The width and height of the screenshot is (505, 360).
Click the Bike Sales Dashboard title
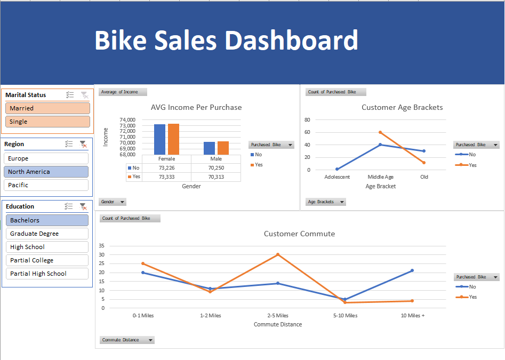tap(226, 41)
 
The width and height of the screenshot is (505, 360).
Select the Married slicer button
tap(47, 108)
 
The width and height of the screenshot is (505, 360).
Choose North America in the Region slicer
tap(46, 172)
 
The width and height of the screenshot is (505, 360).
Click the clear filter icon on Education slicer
tap(83, 206)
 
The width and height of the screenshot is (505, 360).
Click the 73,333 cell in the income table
tap(166, 177)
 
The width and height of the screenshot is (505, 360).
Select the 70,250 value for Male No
tap(215, 167)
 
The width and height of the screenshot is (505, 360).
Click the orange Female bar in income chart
tap(173, 139)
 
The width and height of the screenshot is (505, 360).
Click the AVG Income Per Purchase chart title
tap(196, 107)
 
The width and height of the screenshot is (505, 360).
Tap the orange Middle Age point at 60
tap(380, 132)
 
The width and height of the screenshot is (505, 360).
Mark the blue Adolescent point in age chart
tap(337, 169)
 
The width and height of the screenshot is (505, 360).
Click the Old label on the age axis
tap(424, 177)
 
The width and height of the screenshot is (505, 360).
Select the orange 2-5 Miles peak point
tap(278, 254)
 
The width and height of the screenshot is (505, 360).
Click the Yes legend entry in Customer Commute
tap(472, 297)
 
